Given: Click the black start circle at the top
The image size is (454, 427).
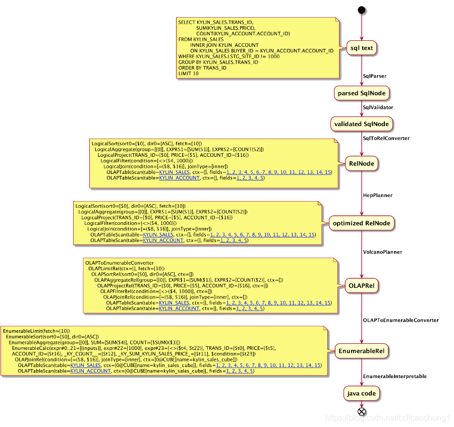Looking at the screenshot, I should coord(361,10).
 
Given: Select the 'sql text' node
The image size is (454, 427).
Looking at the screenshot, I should coord(361,48).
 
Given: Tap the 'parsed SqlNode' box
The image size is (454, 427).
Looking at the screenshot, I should coord(361,93).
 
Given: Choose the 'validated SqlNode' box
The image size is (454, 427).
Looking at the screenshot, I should coord(361,124).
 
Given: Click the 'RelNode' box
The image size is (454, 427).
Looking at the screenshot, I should coord(361,163).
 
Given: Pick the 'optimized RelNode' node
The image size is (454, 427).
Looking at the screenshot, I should coord(361,223).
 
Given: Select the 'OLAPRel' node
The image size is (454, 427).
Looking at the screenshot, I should coord(361,286).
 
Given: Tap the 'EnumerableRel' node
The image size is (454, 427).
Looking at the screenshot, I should coord(361,350).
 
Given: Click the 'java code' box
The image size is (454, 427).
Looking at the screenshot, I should coord(361,393).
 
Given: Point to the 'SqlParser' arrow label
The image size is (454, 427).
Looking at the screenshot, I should coord(375,76).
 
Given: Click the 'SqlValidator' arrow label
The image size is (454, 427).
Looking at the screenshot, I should coord(378,107).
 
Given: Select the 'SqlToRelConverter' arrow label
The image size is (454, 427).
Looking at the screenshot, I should coord(386,138).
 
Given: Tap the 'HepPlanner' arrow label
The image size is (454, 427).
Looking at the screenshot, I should coord(377,195).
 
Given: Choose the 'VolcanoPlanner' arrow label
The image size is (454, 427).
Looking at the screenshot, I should coord(382,252).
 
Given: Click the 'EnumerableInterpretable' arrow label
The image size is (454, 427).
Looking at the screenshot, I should coord(394,376).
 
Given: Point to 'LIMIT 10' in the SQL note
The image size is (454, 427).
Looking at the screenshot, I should coord(188,74).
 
